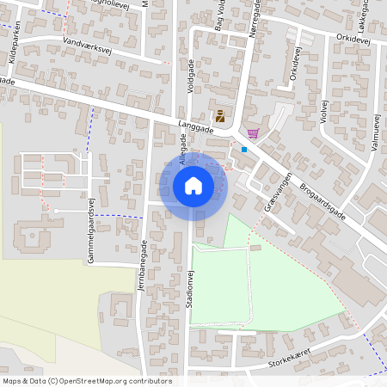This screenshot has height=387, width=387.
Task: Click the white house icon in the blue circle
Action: coord(193,185)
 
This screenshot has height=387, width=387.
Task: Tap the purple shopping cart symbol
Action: coord(252,132)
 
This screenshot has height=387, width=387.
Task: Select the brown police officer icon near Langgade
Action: coord(219,117)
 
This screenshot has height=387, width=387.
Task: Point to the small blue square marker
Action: coord(243,149)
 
